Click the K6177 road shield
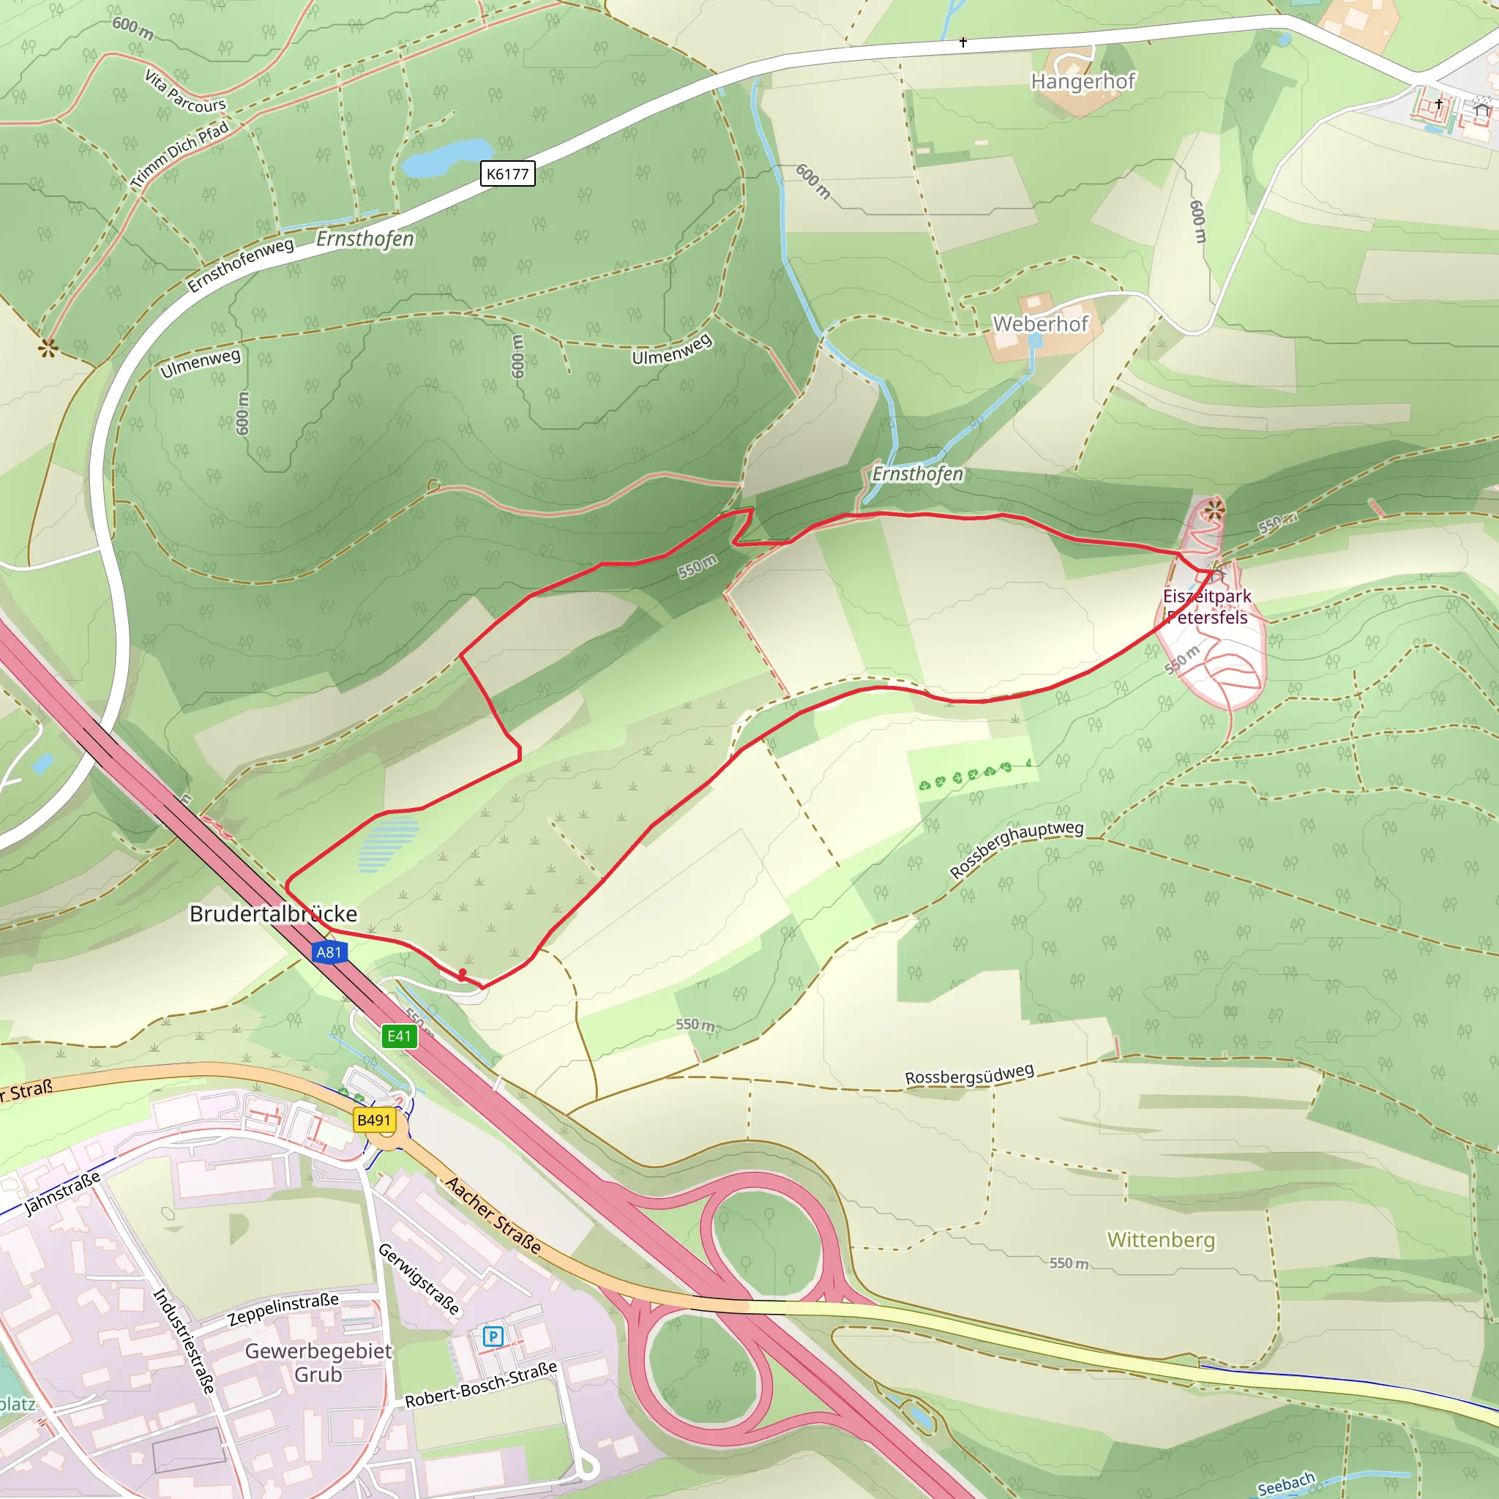point(507,173)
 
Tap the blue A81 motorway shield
point(328,952)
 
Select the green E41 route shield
point(399,1036)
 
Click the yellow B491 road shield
point(374,1121)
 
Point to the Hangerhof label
point(1083,81)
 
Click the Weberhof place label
point(1041,324)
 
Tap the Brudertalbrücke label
point(273,914)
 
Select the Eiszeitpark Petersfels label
point(1206,607)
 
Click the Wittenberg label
point(1161,1240)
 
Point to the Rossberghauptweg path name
point(1016,849)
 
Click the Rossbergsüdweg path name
point(969,1075)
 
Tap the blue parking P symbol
point(493,1336)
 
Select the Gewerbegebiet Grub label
point(318,1362)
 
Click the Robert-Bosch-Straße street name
point(481,1384)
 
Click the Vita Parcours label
point(185,91)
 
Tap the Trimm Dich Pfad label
point(180,154)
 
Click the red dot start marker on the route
point(463,972)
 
